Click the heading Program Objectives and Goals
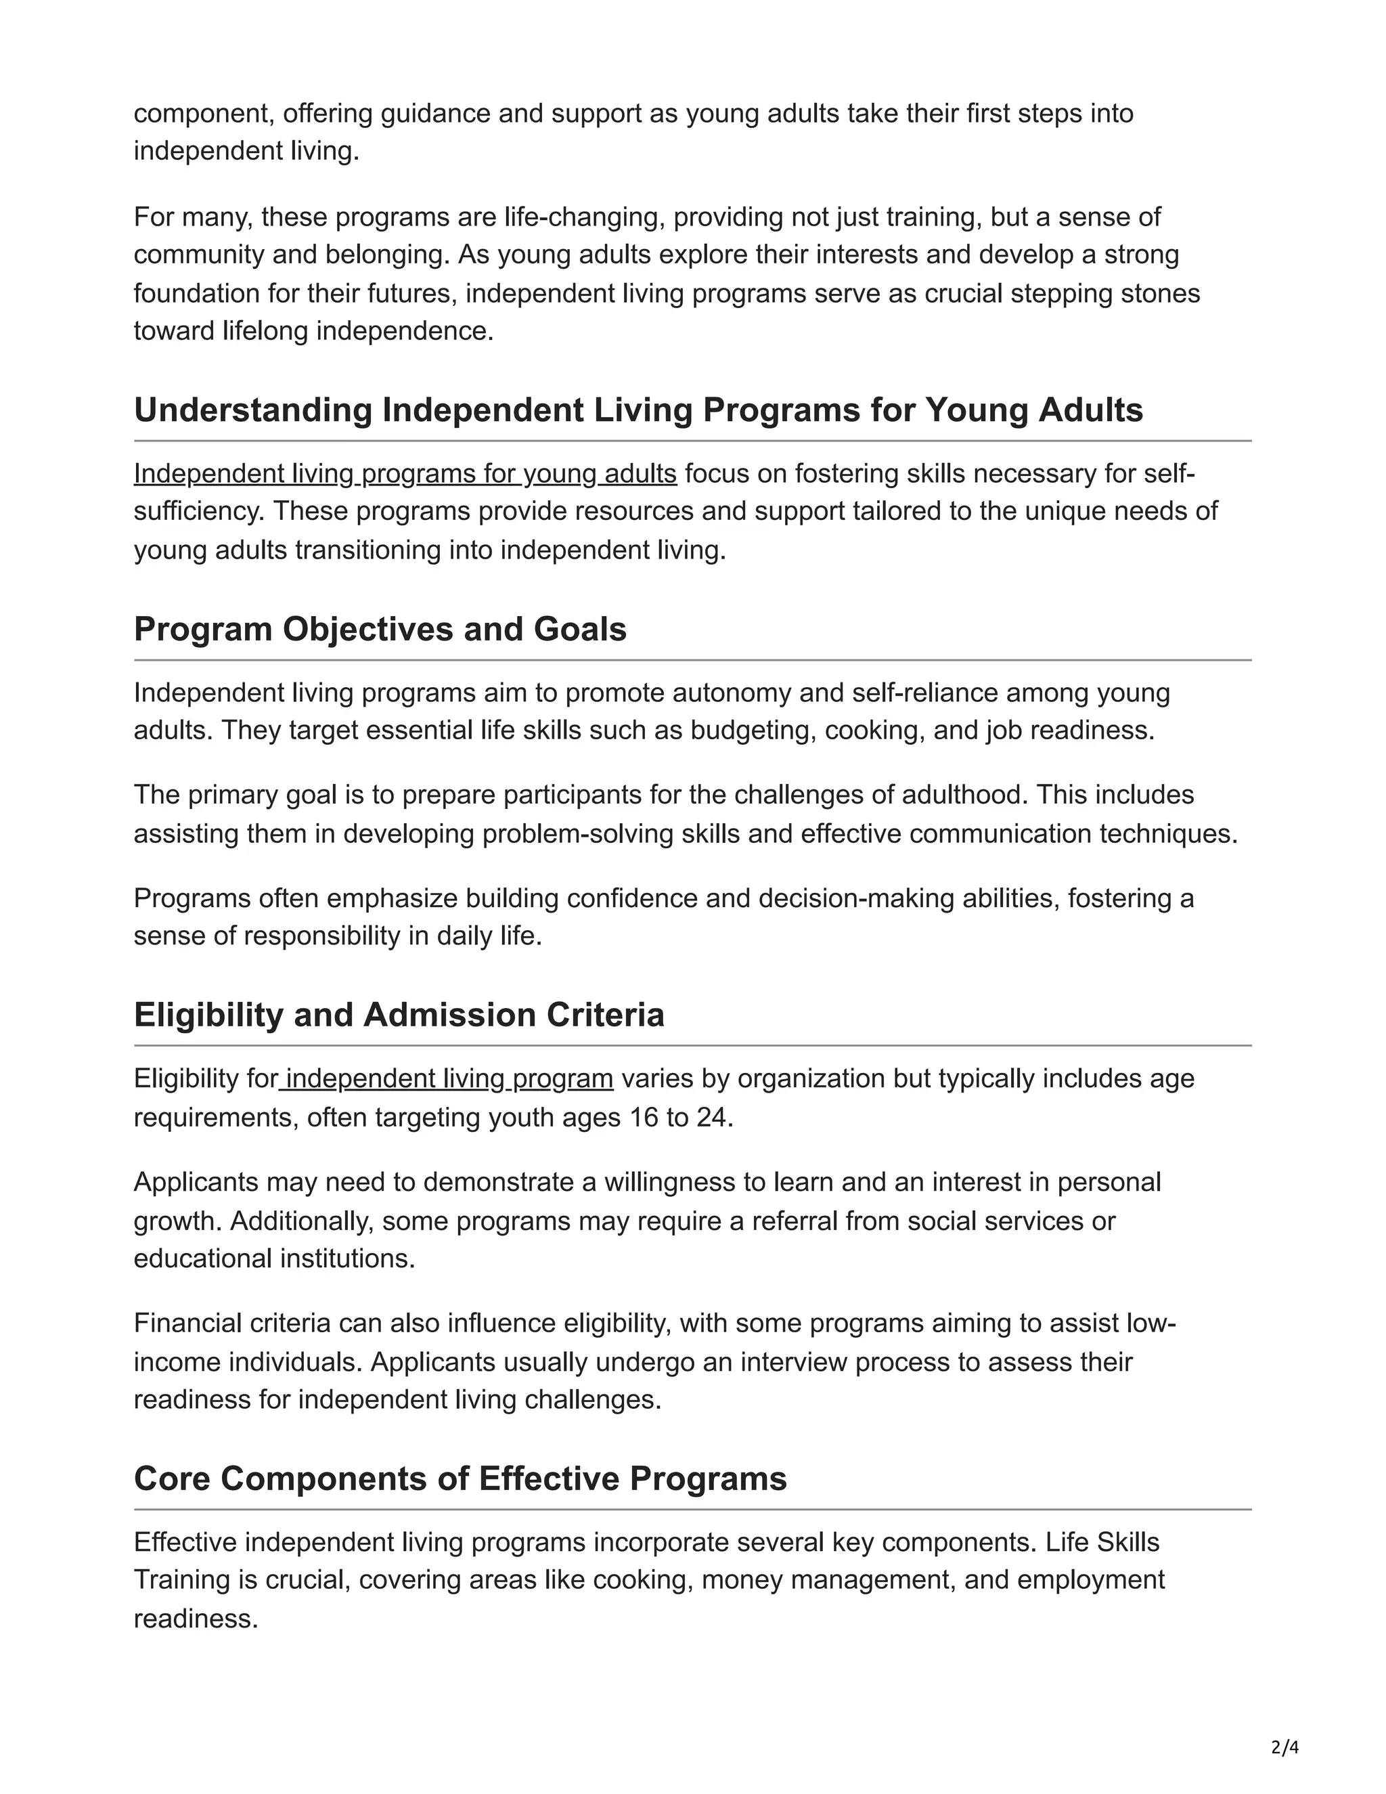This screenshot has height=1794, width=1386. tap(380, 629)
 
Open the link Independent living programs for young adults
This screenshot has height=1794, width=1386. tap(405, 474)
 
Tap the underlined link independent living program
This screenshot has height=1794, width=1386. tap(447, 1078)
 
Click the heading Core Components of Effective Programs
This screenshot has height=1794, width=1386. tap(460, 1479)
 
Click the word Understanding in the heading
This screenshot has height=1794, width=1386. tap(253, 410)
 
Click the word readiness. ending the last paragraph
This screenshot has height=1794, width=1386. tap(196, 1619)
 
